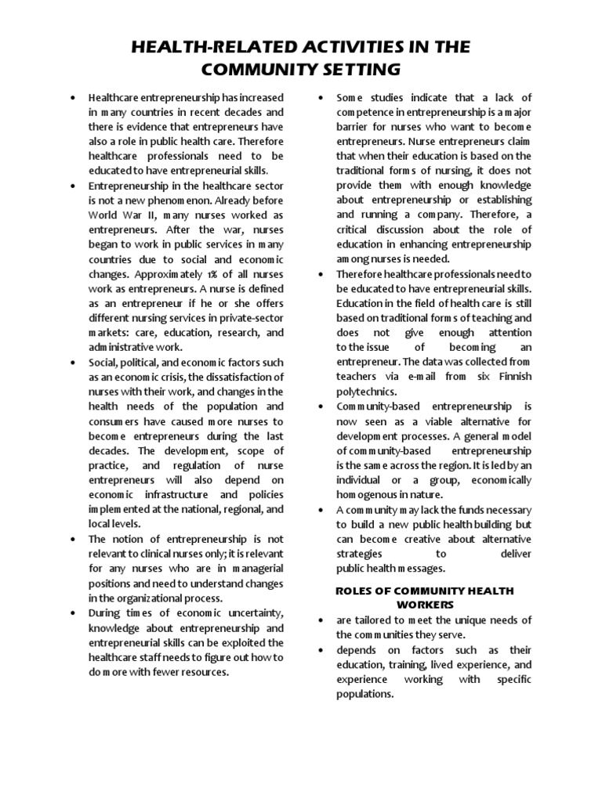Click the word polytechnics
[x=367, y=391]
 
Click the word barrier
[x=354, y=127]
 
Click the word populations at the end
[x=364, y=694]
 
